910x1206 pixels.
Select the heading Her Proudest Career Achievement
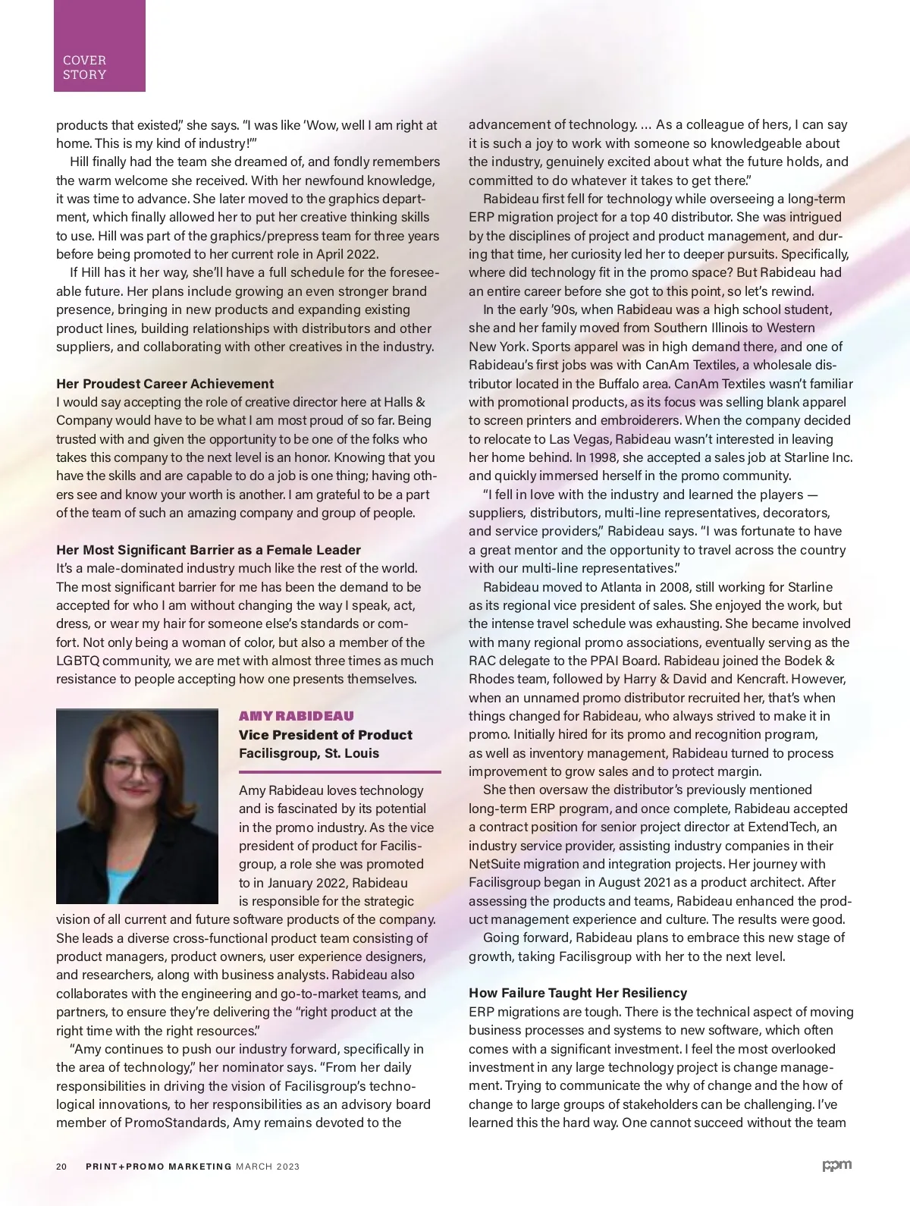[x=165, y=383]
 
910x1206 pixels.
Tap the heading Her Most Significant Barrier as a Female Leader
[x=209, y=549]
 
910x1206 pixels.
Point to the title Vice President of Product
[x=325, y=734]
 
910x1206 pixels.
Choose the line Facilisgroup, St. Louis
[x=309, y=753]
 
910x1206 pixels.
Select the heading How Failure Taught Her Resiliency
[x=578, y=993]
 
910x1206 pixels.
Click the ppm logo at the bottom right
[x=836, y=1165]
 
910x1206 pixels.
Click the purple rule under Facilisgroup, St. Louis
[x=340, y=771]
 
